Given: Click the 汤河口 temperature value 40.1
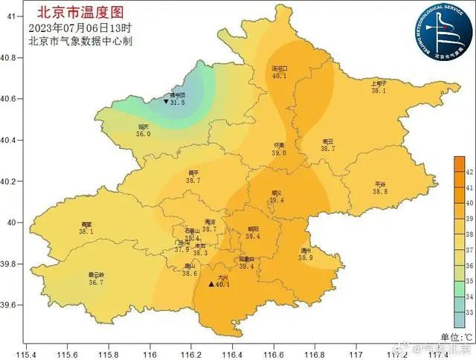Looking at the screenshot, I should pyautogui.click(x=279, y=76).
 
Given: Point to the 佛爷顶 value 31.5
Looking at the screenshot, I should pyautogui.click(x=178, y=103).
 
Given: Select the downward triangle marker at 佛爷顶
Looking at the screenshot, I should pyautogui.click(x=166, y=102).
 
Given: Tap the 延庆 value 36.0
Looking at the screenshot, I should pyautogui.click(x=143, y=134).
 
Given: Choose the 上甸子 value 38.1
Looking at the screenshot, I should pyautogui.click(x=379, y=91).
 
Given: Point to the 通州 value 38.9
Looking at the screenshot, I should pyautogui.click(x=305, y=257).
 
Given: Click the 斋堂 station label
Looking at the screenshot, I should pyautogui.click(x=87, y=225).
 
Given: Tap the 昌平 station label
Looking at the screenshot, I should pyautogui.click(x=193, y=173).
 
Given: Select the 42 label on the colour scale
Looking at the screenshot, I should pyautogui.click(x=469, y=172).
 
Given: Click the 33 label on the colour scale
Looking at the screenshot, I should pyautogui.click(x=469, y=312).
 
